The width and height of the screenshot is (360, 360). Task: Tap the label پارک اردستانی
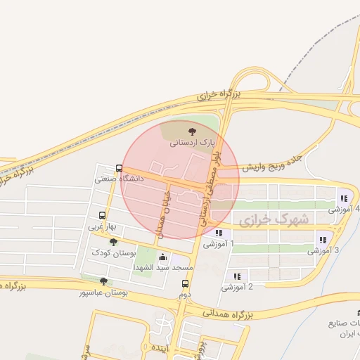(191, 143)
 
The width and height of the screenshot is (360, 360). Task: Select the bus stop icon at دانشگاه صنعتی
(118, 168)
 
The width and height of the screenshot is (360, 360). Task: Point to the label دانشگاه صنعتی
(120, 179)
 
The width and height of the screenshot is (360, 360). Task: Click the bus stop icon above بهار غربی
(103, 216)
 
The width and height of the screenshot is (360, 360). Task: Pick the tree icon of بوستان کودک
(114, 242)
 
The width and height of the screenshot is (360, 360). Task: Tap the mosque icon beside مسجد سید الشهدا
(164, 257)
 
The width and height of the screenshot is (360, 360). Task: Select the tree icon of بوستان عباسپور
(104, 281)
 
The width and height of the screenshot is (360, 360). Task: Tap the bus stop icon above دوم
(186, 284)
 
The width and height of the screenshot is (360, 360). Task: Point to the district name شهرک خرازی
(274, 220)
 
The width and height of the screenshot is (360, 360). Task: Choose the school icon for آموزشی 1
(219, 233)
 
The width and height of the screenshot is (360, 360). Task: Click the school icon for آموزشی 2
(237, 276)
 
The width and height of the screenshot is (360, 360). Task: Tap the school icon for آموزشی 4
(344, 198)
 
